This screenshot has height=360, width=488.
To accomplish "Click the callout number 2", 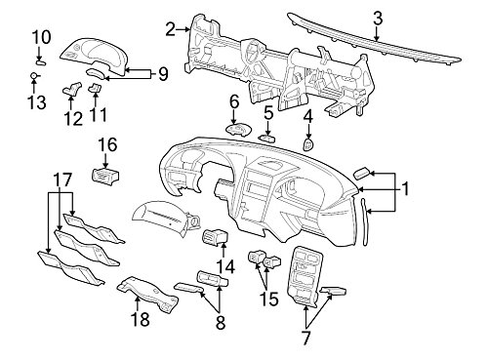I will coord(171,30).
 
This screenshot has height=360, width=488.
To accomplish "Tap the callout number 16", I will coord(106,144).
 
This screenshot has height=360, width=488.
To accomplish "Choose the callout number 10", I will coord(40,37).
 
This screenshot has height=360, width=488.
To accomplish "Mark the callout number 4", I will coord(308,117).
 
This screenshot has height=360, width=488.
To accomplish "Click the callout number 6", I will coord(234,101).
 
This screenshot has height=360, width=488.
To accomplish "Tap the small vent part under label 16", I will coord(104,175).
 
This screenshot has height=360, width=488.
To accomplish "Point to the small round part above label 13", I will coord(33,75).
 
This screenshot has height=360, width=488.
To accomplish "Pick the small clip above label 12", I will coord(72,89).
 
